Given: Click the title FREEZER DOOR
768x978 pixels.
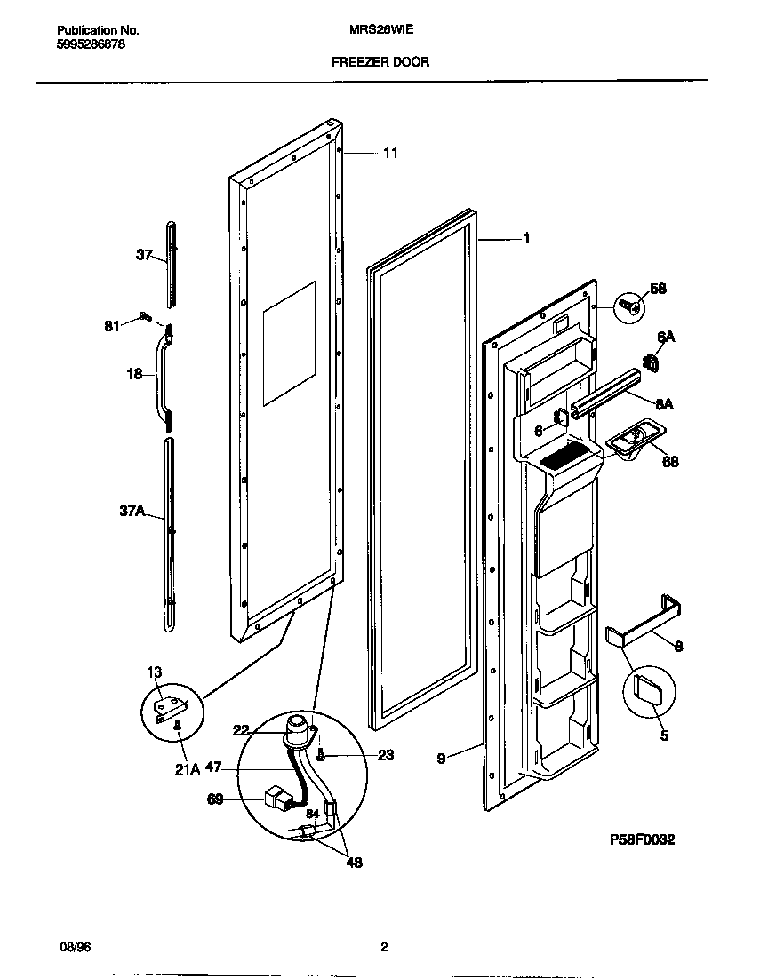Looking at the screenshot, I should [380, 62].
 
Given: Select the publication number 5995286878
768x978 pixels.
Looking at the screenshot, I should [84, 44].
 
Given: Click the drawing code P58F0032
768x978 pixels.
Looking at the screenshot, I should [642, 839].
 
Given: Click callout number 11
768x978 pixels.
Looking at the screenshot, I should [390, 153].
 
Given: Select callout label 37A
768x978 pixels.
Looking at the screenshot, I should [132, 512].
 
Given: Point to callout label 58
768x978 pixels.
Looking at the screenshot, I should [657, 289].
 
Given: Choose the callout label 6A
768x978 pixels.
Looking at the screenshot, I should [666, 337].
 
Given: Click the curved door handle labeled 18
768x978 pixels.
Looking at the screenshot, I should [164, 373].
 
